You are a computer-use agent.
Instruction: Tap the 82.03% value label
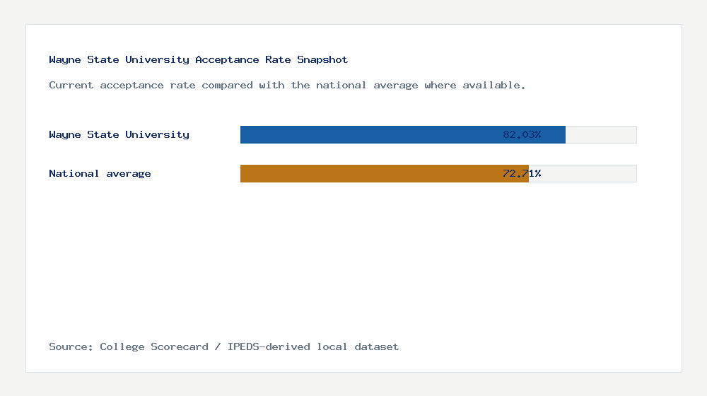coord(522,134)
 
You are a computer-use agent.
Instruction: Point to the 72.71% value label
coord(522,173)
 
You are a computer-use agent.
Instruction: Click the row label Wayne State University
coord(119,134)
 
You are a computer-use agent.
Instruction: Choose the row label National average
coord(100,173)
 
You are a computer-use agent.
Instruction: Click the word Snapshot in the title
coord(322,60)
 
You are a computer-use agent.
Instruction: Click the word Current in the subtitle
coord(71,86)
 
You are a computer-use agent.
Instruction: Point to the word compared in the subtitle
coord(224,86)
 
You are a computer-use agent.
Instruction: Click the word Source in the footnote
coord(70,347)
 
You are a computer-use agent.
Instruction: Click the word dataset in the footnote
coord(377,347)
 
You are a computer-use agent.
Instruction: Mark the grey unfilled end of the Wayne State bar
coord(601,134)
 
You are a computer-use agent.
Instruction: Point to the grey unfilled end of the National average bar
coord(583,173)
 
